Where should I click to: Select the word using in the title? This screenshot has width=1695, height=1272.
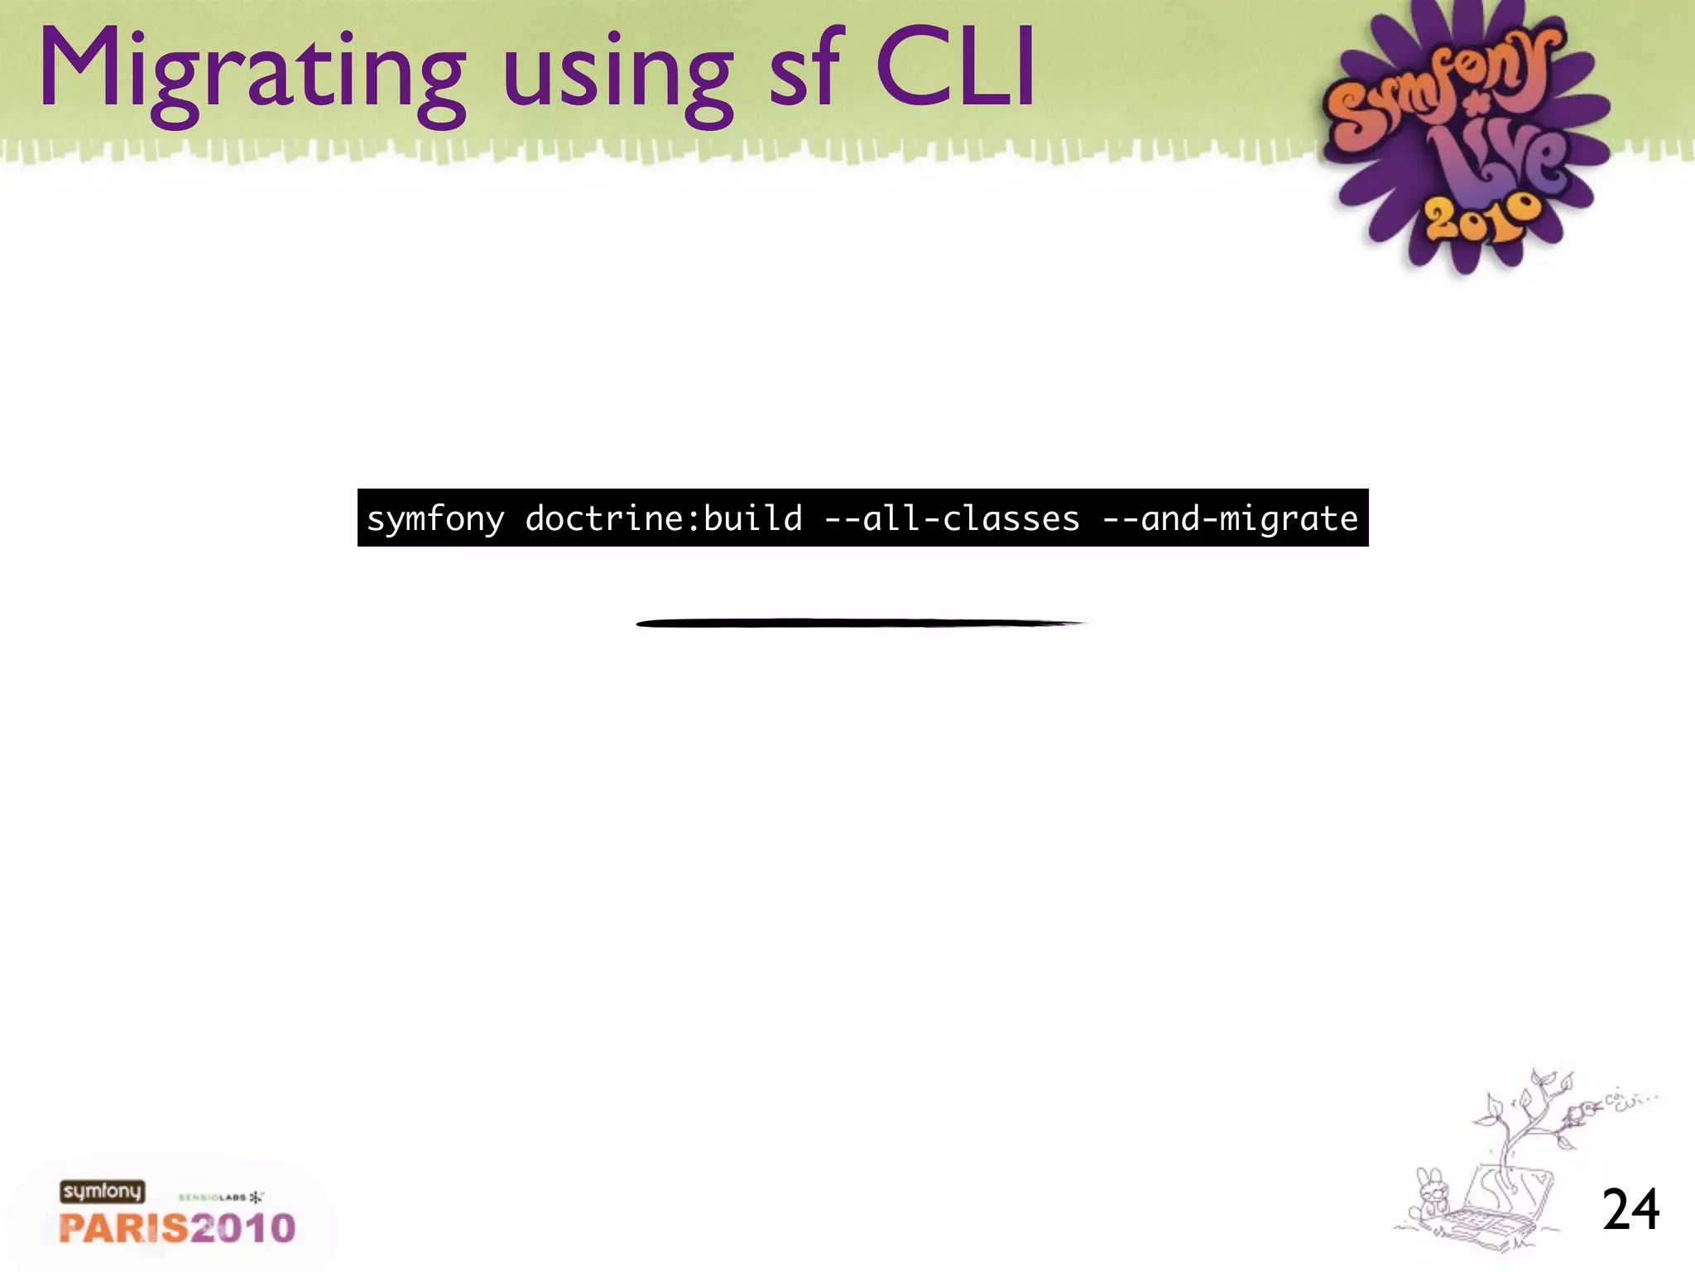pos(617,79)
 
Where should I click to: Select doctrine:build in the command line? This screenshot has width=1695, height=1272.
pos(664,518)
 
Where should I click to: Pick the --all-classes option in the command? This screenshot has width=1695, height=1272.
pos(953,518)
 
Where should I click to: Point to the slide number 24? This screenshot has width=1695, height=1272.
pos(1630,1210)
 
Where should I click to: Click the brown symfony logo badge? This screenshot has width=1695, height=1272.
pos(102,1192)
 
